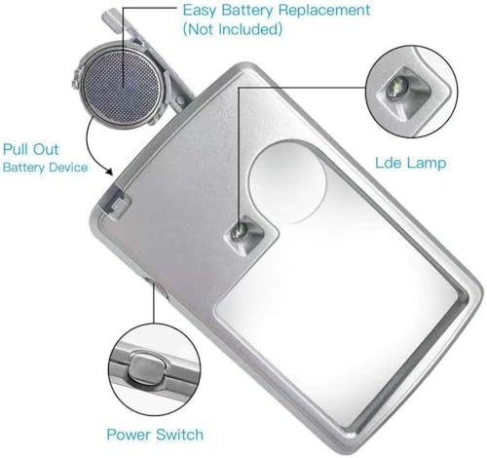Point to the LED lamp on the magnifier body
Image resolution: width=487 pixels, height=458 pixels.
pos(238,231)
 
